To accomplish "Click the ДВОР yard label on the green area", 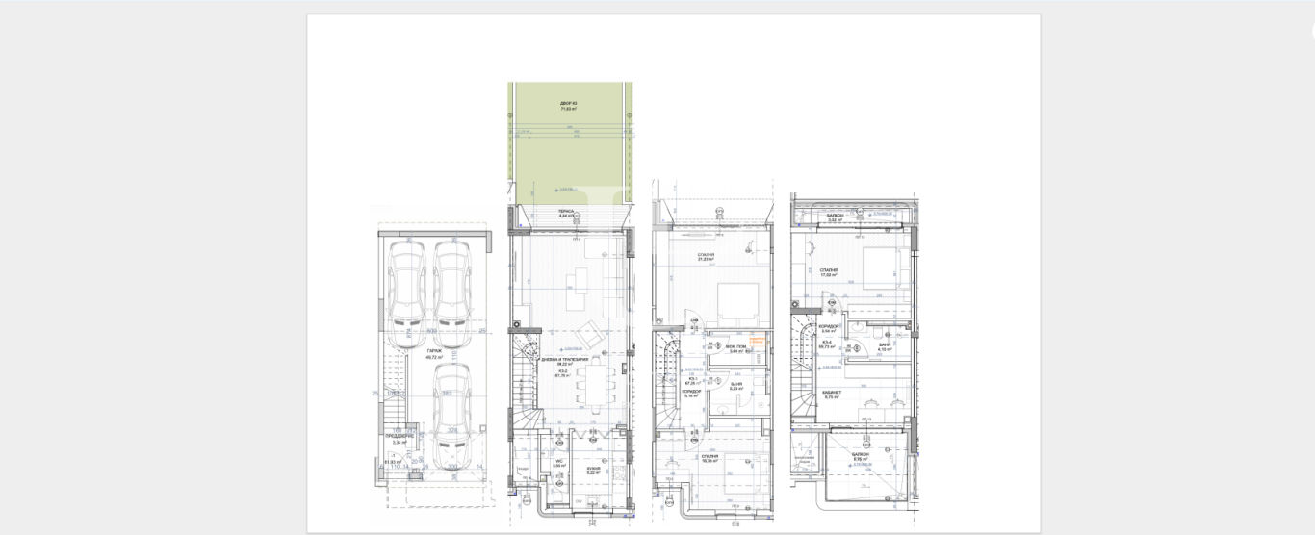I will [x=568, y=104].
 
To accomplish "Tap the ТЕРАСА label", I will [x=566, y=211].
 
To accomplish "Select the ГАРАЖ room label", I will [x=435, y=351].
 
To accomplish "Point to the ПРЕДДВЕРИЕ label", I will [x=400, y=435].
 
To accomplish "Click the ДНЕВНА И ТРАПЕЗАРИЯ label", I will [x=564, y=359].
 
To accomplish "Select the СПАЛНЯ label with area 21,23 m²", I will [x=707, y=256].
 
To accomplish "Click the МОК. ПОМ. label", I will [x=735, y=346].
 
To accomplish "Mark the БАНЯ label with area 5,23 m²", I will [x=735, y=384].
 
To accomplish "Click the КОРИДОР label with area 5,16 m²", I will [x=691, y=392].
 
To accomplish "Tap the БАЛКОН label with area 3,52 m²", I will [x=835, y=217].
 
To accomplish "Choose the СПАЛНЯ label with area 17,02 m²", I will [x=828, y=271].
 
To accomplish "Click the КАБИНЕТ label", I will [x=832, y=393].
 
